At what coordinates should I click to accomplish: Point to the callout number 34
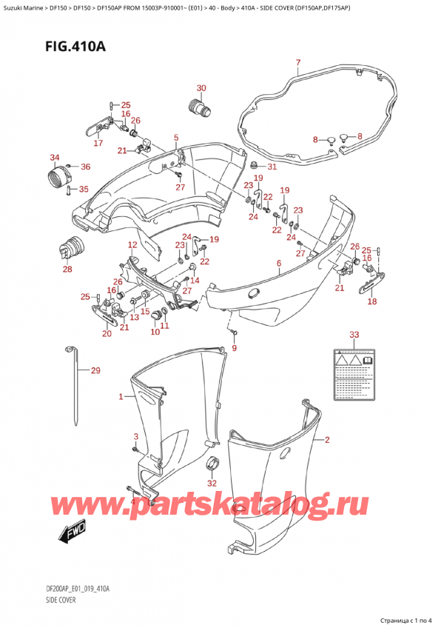coord(54,158)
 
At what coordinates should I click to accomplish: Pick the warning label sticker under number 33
coord(354,373)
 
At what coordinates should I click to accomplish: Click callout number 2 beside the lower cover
coord(326,439)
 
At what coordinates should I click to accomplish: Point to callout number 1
coord(121,398)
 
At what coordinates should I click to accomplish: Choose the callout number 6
coord(278,263)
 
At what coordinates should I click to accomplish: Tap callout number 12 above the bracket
coord(132,245)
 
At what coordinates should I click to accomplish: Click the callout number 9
coord(235,348)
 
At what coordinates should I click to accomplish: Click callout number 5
coord(176,137)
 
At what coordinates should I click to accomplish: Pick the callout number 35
coord(83,190)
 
